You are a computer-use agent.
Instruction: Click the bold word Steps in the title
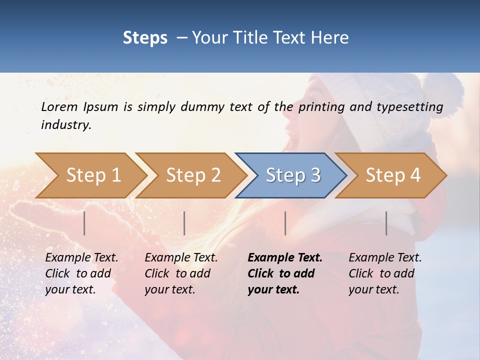(x=145, y=37)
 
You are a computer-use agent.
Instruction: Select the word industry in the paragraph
(x=66, y=124)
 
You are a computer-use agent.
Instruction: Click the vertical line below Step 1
(x=84, y=223)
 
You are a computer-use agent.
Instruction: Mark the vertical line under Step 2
(x=184, y=223)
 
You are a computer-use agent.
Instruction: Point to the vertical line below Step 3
(x=285, y=223)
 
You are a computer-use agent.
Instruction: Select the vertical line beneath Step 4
(x=386, y=223)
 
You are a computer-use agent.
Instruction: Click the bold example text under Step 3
(x=284, y=273)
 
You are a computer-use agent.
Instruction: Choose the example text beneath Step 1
(x=81, y=273)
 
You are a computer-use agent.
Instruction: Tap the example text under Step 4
(x=384, y=273)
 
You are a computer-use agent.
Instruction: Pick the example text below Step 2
(x=180, y=273)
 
